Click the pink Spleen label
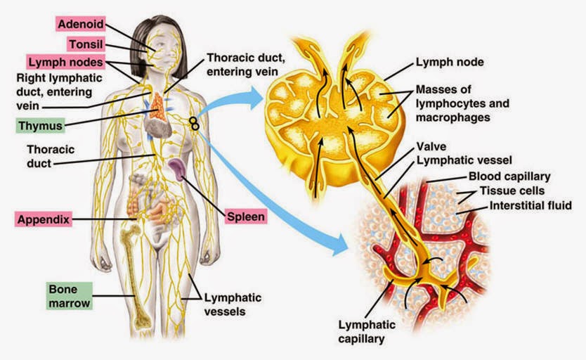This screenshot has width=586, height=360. pyautogui.click(x=246, y=217)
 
